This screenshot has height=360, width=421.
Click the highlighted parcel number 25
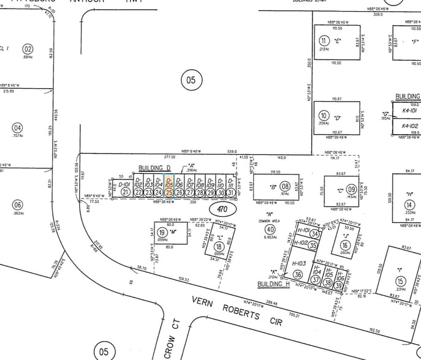click(x=169, y=192)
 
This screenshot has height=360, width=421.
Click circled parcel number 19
click(x=162, y=233)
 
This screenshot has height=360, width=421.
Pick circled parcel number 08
click(x=284, y=186)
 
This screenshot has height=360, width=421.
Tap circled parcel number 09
click(x=351, y=190)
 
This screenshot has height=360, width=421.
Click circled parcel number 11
click(x=324, y=40)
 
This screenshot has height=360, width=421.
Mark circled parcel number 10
click(x=324, y=115)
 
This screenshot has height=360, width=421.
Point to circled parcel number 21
click(x=125, y=192)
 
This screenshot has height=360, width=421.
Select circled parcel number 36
click(x=298, y=275)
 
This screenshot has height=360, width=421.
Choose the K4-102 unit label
click(x=409, y=126)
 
